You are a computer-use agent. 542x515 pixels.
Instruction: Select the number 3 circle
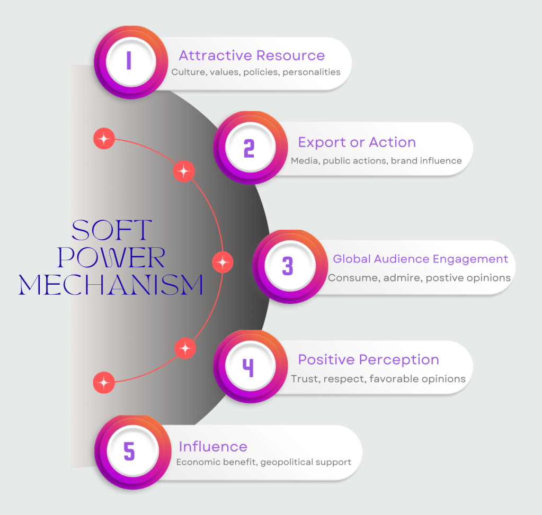click(288, 266)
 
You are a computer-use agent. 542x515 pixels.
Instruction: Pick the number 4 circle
click(248, 366)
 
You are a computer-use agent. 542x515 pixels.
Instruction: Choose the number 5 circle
click(129, 451)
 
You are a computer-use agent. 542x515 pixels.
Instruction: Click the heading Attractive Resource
click(252, 56)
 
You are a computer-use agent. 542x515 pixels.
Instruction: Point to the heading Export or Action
click(357, 142)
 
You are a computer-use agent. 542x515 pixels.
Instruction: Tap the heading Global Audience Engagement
click(420, 259)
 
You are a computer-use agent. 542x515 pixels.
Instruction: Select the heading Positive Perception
click(368, 360)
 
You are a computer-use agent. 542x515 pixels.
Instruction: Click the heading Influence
click(213, 446)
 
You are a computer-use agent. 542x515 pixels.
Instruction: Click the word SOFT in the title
click(111, 231)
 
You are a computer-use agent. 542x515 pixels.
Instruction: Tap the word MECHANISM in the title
click(111, 285)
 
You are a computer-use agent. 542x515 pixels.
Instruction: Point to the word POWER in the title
click(111, 258)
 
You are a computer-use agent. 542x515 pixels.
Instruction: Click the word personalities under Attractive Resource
click(311, 72)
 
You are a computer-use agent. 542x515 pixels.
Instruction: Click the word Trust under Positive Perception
click(303, 378)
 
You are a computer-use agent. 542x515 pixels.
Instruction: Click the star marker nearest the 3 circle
click(223, 262)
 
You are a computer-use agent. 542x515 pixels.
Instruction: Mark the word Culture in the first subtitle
click(188, 72)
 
